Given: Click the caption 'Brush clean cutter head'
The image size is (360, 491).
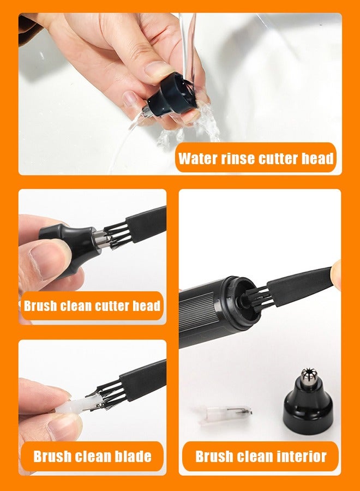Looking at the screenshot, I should click(x=92, y=306).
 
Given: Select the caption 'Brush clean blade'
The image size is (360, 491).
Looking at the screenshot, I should click(x=92, y=456).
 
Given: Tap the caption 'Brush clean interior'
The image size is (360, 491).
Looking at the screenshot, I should click(x=261, y=456).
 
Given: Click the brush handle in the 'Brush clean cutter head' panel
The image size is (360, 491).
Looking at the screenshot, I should click(x=145, y=221).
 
